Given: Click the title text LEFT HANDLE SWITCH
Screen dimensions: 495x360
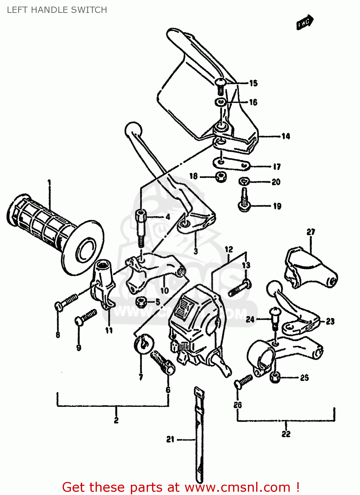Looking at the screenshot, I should pyautogui.click(x=57, y=10).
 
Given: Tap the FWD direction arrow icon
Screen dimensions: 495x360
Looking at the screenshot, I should pyautogui.click(x=305, y=22).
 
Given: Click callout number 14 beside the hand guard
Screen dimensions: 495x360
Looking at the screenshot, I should pyautogui.click(x=285, y=136).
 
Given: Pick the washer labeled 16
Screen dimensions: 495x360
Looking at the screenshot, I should pyautogui.click(x=221, y=102).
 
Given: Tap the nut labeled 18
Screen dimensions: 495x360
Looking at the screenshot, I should pyautogui.click(x=221, y=177).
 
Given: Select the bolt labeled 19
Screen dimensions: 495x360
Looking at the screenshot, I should pyautogui.click(x=244, y=200).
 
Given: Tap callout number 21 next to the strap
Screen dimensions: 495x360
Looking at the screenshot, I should pyautogui.click(x=170, y=439).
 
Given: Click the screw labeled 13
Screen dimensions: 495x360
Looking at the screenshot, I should pyautogui.click(x=240, y=288).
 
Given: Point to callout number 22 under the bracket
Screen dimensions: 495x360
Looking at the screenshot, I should pyautogui.click(x=286, y=434).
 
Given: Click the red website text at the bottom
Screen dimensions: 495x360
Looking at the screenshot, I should pyautogui.click(x=181, y=487).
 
